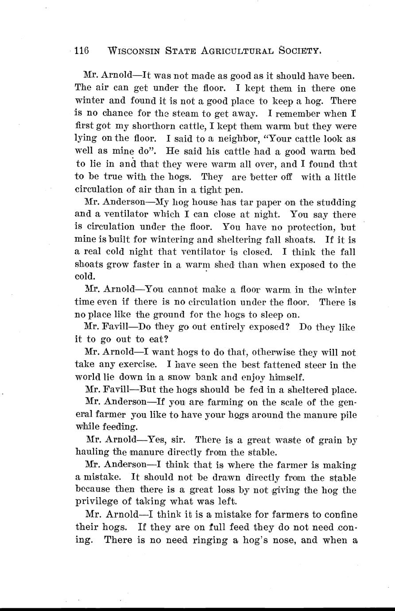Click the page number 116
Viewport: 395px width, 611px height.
point(82,50)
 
